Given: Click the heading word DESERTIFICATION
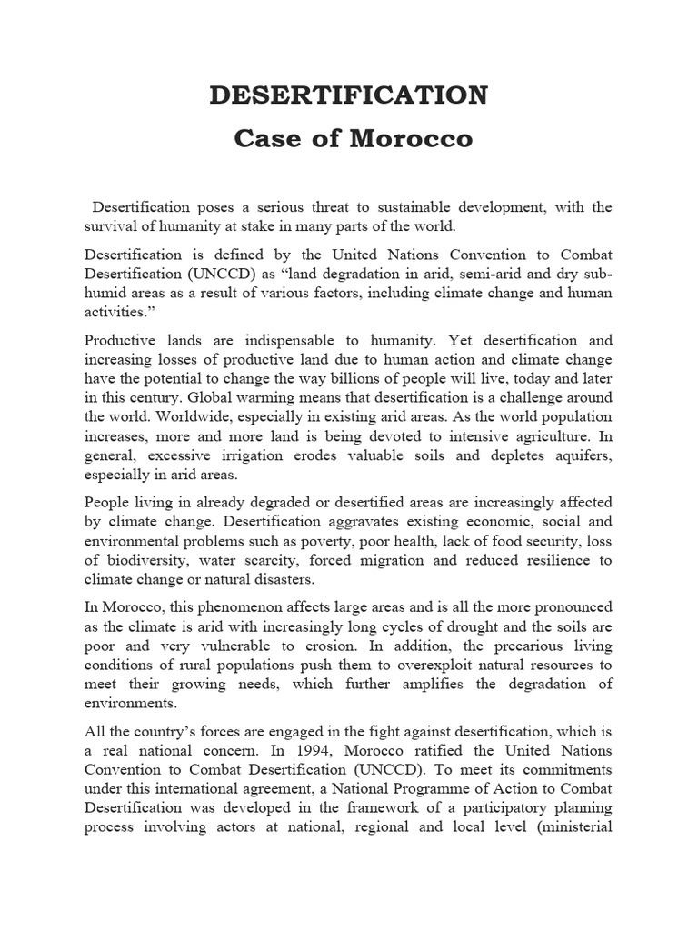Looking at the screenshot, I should (x=349, y=95).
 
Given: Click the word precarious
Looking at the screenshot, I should (x=514, y=645).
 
